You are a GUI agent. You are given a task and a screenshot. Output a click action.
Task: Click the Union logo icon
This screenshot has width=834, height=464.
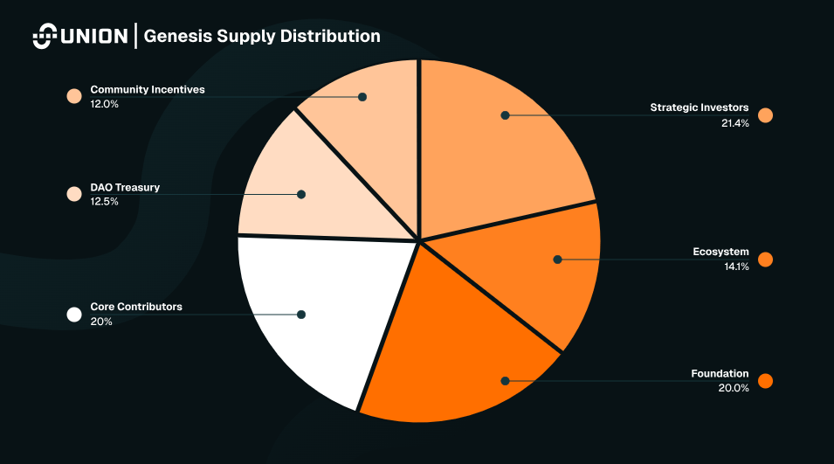point(45,37)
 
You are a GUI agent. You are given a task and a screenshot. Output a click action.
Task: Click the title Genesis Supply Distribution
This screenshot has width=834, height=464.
point(262,37)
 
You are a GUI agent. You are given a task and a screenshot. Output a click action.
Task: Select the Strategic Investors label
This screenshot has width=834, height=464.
point(699,107)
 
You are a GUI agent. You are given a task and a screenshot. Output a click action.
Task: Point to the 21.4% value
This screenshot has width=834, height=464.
point(734,122)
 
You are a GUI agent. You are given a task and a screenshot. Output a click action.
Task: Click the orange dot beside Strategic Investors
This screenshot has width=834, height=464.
point(766,115)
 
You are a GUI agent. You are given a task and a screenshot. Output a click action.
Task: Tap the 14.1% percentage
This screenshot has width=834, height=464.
point(736,267)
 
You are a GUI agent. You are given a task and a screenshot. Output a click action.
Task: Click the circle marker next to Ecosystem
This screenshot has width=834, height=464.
point(766,260)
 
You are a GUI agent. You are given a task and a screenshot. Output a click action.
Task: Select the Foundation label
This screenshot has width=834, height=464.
point(720,373)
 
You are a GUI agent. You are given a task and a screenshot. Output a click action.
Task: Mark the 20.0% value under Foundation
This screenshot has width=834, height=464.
point(734,388)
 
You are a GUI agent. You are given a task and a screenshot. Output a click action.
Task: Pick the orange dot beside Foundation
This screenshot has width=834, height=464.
point(766,381)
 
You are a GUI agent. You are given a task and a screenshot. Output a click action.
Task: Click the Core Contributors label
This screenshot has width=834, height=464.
point(136,307)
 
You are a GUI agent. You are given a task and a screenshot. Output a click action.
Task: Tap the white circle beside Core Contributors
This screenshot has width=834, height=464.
point(74,315)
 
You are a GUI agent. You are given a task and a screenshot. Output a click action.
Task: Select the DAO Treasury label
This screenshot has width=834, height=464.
point(125,187)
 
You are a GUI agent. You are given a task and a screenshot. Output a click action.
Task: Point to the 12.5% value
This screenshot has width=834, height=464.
point(104,202)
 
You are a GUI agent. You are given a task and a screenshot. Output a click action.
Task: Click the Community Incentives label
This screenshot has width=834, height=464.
point(148,89)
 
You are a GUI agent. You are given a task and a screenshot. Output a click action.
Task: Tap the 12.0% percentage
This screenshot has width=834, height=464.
point(104,104)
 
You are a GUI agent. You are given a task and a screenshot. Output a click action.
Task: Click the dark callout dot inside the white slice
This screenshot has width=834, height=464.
point(301,315)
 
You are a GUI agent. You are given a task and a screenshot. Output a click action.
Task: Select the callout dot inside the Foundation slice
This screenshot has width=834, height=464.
point(505,381)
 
